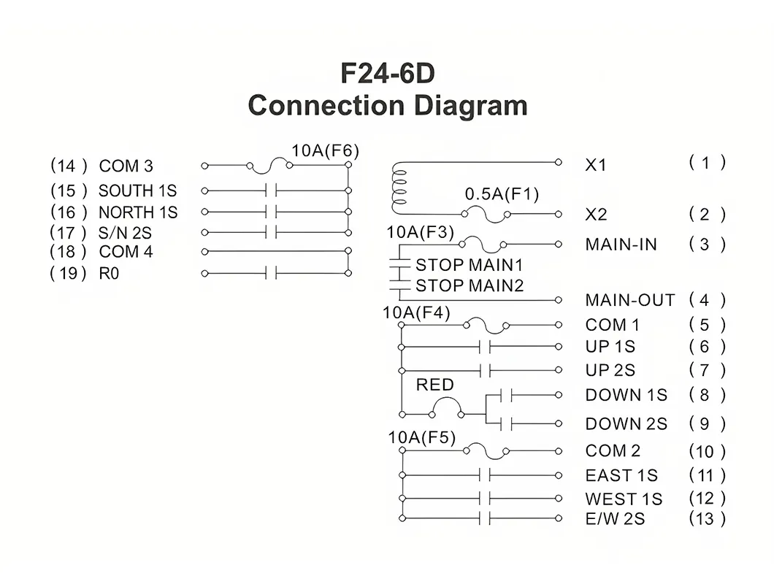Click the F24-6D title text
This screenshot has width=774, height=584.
click(x=388, y=73)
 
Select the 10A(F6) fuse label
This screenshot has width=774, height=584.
click(x=325, y=150)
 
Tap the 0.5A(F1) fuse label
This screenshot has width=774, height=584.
click(x=502, y=194)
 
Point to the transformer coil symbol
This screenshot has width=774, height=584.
click(x=399, y=188)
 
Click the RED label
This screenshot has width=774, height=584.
click(x=435, y=385)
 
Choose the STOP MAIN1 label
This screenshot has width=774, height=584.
click(x=469, y=265)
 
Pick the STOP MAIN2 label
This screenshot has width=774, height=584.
click(x=470, y=286)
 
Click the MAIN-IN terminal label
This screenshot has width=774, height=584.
click(x=621, y=245)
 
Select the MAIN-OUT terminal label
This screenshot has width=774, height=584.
click(x=630, y=300)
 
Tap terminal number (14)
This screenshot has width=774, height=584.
click(x=69, y=166)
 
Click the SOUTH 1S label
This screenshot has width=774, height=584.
click(x=138, y=191)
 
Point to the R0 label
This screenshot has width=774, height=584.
click(x=109, y=274)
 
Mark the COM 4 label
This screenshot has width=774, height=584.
click(x=126, y=252)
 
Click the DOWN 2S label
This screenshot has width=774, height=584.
click(x=626, y=424)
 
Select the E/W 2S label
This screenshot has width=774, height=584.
click(x=615, y=519)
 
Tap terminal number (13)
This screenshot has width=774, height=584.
click(x=708, y=519)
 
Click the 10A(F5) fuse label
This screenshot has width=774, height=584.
click(x=422, y=437)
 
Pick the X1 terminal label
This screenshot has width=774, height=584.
click(x=596, y=165)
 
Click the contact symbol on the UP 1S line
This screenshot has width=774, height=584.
click(x=485, y=347)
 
